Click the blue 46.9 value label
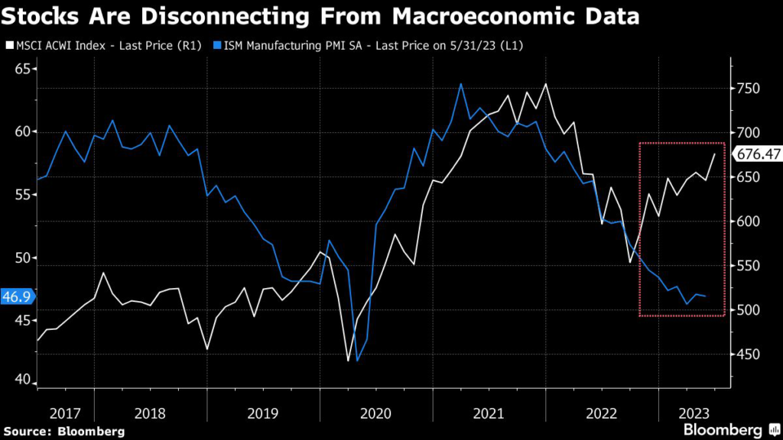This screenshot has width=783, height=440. point(15,296)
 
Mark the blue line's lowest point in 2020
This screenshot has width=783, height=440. point(357,361)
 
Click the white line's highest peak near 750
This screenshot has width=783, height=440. point(546,84)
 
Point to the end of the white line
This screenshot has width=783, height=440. point(715,154)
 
